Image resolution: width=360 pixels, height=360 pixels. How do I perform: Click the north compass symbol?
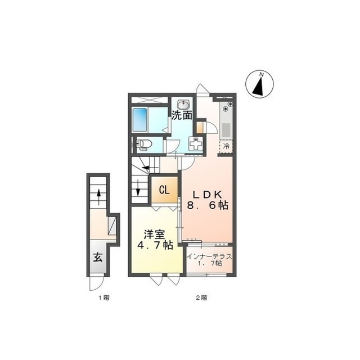[x=260, y=84]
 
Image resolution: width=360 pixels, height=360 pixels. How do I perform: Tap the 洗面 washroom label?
[x=182, y=115]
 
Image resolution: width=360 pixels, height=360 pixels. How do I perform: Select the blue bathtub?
[x=140, y=119]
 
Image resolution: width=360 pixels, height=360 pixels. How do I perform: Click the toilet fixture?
[x=144, y=145]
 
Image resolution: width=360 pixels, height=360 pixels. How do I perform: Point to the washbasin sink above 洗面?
[x=183, y=105]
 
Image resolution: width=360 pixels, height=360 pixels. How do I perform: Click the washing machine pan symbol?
[x=196, y=144]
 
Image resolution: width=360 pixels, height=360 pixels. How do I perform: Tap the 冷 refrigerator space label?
[x=226, y=146]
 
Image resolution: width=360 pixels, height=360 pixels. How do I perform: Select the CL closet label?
[x=164, y=190]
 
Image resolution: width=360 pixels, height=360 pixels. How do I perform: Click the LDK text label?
[x=207, y=195]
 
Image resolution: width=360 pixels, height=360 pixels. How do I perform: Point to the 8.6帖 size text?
[x=208, y=205]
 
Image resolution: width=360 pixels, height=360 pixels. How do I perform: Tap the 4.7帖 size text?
[x=155, y=245]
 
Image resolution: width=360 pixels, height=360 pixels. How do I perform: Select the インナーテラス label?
[x=209, y=256]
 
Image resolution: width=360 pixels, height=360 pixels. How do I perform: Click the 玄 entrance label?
[x=97, y=258]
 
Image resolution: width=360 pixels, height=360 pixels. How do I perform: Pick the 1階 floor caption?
[x=104, y=298]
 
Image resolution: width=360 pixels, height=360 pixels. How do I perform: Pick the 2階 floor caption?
[x=201, y=298]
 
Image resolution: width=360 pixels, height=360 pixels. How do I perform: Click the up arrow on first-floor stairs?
[x=99, y=197]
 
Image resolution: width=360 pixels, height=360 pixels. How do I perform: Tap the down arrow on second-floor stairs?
[x=138, y=187]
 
